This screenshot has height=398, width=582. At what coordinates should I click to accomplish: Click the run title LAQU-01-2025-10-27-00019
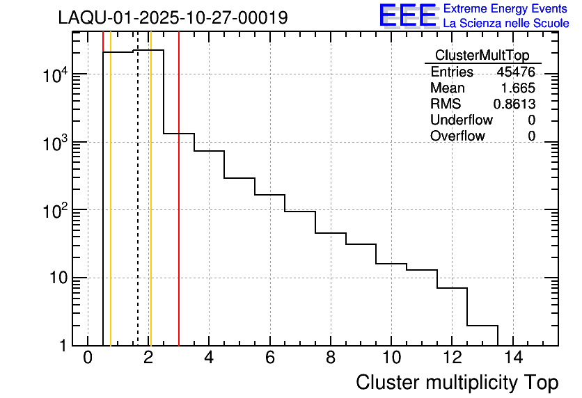coord(173,18)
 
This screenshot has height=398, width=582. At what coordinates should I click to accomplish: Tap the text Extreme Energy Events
coord(505,9)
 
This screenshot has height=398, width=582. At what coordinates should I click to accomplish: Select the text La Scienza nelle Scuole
coord(506,24)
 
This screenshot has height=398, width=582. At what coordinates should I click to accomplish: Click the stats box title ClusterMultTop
coord(482,56)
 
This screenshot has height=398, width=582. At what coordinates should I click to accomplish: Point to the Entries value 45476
coord(516,72)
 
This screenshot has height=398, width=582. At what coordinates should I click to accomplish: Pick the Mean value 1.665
coord(518,88)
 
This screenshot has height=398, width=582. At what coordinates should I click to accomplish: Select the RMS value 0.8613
coord(514,104)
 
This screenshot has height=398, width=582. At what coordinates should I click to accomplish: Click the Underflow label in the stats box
coord(462,120)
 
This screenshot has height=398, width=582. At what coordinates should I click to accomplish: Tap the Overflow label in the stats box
coord(457,136)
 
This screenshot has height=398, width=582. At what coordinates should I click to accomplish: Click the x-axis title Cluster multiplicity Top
coord(457,382)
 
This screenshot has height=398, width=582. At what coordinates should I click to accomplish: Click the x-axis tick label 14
coord(512,358)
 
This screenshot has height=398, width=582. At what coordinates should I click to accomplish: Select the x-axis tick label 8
coord(330,358)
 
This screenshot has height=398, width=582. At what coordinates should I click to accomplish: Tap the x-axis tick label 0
coord(88,358)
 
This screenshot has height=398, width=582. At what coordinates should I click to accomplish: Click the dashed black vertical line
coord(138,209)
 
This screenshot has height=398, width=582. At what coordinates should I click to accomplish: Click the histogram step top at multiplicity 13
coord(482,325)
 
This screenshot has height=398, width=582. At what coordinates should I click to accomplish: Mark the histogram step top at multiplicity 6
coord(269,195)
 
